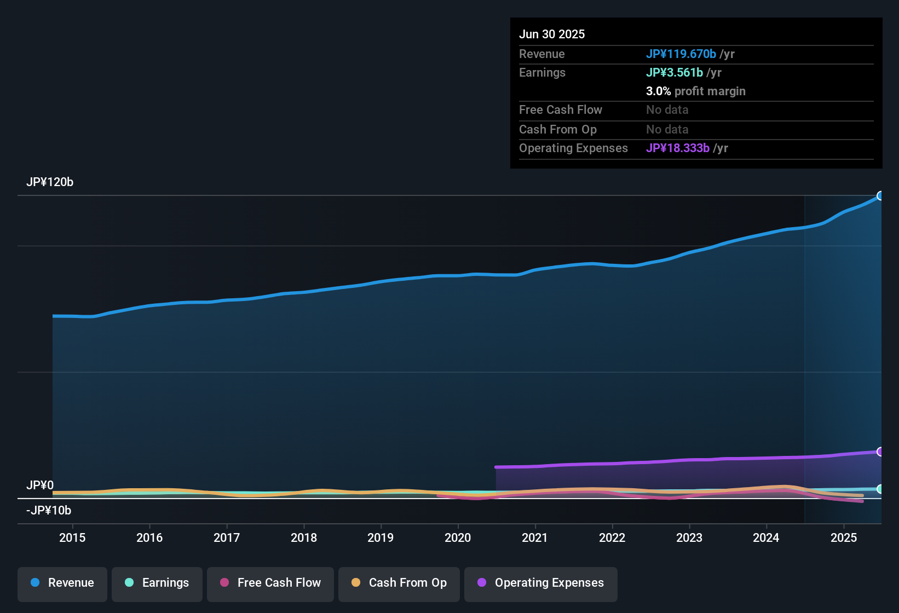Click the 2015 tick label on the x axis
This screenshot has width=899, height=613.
72,537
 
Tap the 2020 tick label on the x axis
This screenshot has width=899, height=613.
458,537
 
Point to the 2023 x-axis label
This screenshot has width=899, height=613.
689,537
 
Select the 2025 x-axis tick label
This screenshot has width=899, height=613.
843,537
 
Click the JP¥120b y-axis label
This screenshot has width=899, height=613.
50,182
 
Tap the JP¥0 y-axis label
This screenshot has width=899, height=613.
40,485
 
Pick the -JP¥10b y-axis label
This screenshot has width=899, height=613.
49,511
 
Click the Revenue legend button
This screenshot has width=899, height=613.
62,583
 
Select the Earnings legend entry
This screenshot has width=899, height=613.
157,583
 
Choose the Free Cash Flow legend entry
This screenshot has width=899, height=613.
270,583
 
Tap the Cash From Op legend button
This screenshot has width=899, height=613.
399,583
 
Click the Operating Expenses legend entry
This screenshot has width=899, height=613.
541,583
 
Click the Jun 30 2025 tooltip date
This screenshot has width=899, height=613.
552,34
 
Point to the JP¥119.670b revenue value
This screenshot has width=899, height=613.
681,54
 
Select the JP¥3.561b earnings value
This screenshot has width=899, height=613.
675,72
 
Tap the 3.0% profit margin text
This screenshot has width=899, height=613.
695,91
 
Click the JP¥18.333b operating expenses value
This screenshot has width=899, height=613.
678,148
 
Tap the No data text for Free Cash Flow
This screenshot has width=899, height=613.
667,110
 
